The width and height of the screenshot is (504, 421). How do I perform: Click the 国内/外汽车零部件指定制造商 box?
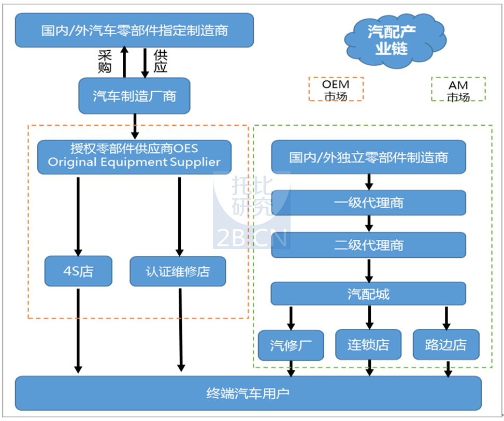[134, 30]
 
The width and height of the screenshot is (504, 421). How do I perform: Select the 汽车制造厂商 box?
[134, 96]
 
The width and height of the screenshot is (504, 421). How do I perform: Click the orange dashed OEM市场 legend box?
[336, 89]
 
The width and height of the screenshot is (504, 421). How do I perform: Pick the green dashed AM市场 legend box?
[458, 90]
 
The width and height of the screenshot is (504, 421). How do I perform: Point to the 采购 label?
[105, 62]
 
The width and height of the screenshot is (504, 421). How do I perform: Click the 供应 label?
[161, 62]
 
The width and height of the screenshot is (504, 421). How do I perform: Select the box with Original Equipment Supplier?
[134, 157]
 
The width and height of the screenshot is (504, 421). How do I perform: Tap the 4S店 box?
[78, 271]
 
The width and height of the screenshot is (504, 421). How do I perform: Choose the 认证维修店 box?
[178, 271]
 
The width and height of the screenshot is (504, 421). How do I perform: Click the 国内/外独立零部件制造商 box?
[368, 157]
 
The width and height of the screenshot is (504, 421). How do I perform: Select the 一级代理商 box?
[368, 202]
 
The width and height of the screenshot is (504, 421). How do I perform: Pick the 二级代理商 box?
[368, 245]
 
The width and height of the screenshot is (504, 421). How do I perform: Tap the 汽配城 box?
[368, 294]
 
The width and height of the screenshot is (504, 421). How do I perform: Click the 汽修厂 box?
[291, 345]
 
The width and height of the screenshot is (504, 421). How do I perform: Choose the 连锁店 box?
[368, 344]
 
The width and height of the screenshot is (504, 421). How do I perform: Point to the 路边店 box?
[446, 344]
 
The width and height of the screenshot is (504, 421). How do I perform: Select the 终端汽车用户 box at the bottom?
[248, 393]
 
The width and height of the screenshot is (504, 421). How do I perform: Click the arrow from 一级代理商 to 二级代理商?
[369, 223]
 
